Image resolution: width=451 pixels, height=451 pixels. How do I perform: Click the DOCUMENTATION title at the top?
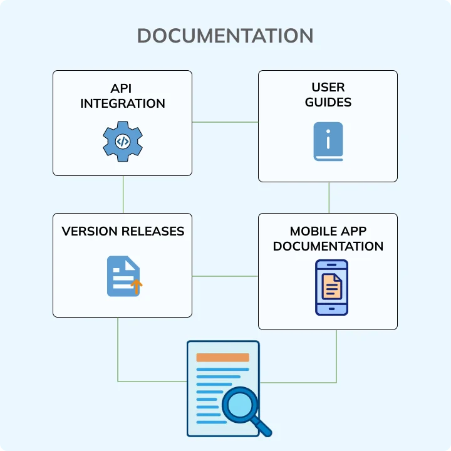225,36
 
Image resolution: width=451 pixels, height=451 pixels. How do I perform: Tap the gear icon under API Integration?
123,142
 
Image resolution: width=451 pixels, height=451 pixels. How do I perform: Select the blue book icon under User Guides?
328,142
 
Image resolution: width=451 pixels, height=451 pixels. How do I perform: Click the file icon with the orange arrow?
123,276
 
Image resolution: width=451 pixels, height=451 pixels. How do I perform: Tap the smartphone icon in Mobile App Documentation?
331,287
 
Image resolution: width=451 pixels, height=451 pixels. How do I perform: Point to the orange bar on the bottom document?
222,358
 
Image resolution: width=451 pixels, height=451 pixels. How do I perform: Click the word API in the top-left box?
123,88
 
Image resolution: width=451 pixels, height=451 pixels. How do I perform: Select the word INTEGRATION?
123,103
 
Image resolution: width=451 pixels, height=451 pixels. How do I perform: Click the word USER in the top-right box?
328,87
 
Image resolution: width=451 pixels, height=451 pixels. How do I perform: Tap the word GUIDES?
328,102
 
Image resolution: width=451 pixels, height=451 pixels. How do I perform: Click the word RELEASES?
154,231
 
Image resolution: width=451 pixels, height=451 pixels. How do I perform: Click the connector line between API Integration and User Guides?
225,122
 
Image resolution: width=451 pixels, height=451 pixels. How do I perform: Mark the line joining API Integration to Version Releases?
123,194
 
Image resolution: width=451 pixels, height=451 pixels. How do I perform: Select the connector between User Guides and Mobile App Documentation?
329,197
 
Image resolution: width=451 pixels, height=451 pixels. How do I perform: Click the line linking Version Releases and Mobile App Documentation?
225,276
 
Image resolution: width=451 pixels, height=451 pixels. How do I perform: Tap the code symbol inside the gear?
123,142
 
